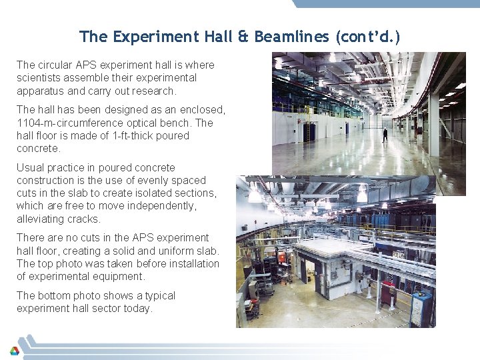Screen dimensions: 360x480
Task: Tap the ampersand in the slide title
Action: (x=243, y=37)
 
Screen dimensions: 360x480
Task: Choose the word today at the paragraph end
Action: (x=139, y=308)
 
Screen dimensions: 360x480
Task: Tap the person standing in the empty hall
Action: (x=385, y=134)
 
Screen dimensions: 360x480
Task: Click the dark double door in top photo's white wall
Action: (x=309, y=131)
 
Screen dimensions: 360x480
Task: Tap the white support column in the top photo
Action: (x=434, y=123)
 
